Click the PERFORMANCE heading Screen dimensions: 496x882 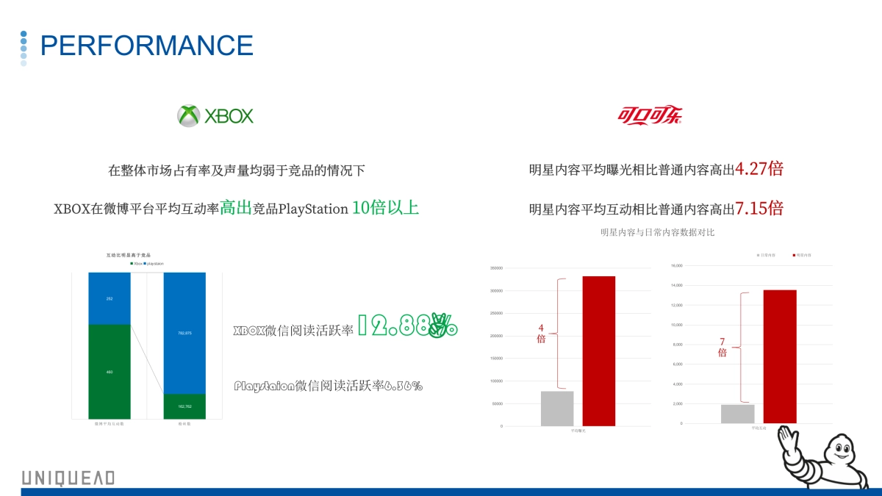click(x=146, y=46)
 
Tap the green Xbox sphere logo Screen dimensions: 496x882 click(x=189, y=115)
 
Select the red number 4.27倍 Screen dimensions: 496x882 click(x=759, y=169)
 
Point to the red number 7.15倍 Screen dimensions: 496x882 click(x=759, y=208)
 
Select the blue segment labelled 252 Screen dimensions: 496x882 click(x=110, y=298)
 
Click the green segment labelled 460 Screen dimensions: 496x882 click(x=110, y=372)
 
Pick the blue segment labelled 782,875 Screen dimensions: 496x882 click(x=184, y=333)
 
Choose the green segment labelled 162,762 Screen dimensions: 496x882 click(x=184, y=406)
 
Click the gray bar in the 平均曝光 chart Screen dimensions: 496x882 click(x=557, y=409)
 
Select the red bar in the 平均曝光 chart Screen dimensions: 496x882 click(x=598, y=351)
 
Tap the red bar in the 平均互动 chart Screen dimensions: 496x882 click(x=779, y=357)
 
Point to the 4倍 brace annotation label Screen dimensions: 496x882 click(x=541, y=334)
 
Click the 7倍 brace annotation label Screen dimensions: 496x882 click(x=722, y=347)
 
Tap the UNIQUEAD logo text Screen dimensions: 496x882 click(x=68, y=478)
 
